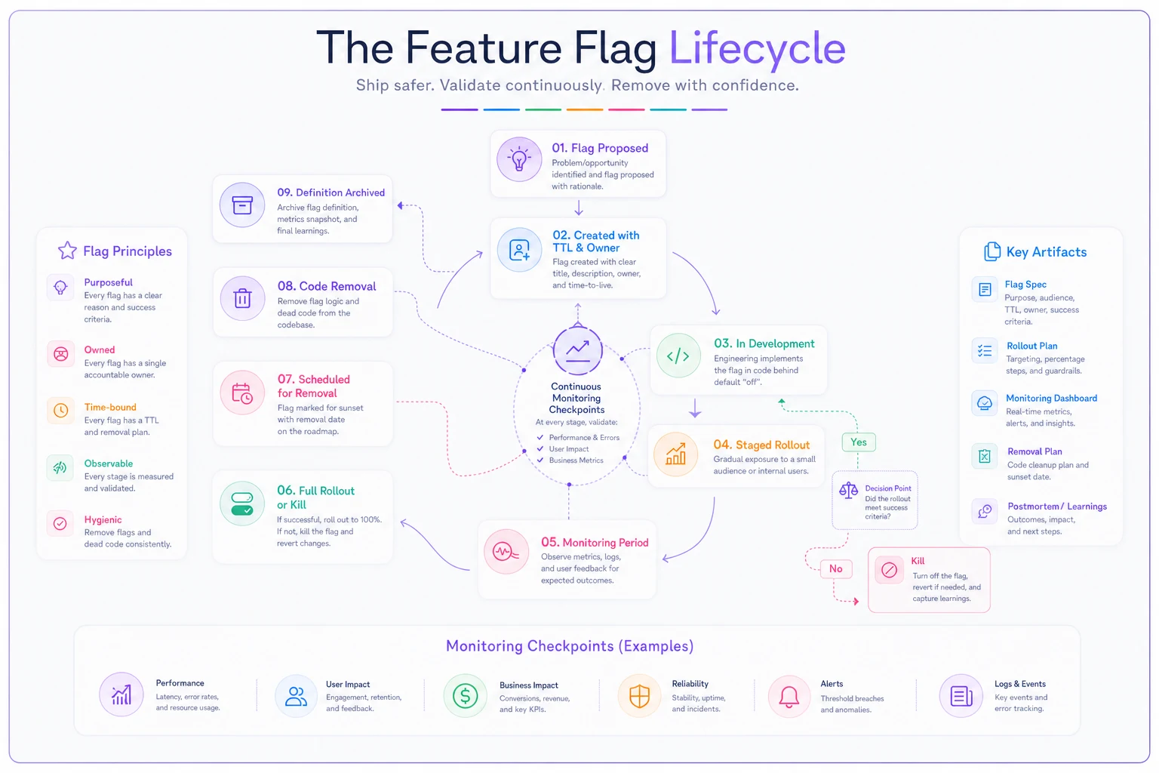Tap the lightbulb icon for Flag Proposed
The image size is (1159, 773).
(519, 159)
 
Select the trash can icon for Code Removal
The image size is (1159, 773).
(242, 298)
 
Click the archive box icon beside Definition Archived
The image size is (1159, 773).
(242, 205)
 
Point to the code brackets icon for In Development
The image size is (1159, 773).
(678, 356)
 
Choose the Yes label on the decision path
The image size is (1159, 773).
(859, 442)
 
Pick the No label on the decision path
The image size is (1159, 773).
(835, 568)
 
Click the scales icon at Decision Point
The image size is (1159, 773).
(849, 490)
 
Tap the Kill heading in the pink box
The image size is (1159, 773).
(918, 561)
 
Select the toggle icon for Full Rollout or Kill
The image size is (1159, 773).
(241, 504)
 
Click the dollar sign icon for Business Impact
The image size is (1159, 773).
(465, 695)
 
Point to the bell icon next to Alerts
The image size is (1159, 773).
(789, 696)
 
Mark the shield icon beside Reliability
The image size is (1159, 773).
(639, 696)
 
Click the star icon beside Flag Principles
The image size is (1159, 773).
(67, 251)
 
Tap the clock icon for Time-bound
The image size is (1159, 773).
(60, 411)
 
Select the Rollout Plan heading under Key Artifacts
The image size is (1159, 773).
(1031, 346)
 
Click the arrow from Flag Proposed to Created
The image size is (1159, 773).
(579, 208)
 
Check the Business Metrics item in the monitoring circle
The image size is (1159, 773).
(576, 460)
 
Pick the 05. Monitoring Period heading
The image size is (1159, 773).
(595, 542)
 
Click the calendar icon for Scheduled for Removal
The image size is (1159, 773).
(241, 393)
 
